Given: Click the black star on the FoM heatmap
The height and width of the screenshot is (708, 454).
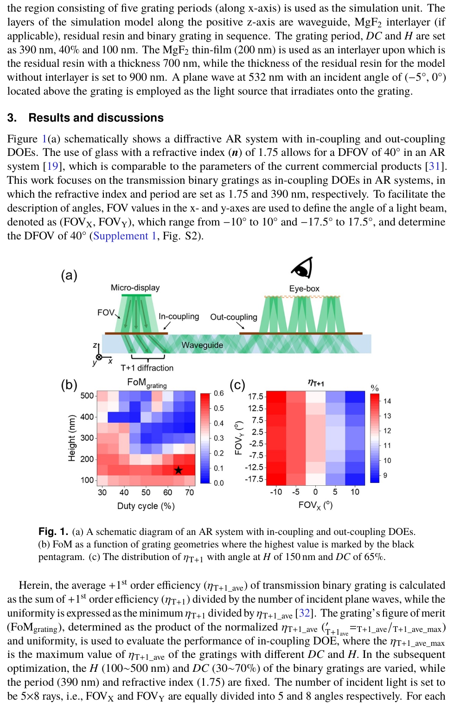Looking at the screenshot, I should [x=178, y=470].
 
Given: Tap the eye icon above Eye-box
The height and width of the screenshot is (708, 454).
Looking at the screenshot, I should [x=302, y=268].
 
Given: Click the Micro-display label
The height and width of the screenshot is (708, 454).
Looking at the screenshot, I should [x=135, y=288].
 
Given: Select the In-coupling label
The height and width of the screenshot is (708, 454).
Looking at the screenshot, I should [x=179, y=316].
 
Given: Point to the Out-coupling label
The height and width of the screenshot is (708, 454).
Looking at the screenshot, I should [x=233, y=317].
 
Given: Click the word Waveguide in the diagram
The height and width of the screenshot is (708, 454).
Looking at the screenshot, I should [x=202, y=345].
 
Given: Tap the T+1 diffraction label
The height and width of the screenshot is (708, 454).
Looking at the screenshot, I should [x=147, y=368].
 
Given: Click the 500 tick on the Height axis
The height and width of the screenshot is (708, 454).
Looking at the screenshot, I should [x=87, y=396].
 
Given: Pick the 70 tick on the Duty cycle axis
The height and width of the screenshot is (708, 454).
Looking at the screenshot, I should [x=190, y=492].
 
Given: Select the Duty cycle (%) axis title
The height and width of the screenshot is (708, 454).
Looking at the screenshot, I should [x=146, y=506].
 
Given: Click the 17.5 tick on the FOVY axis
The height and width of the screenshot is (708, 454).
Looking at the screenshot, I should [x=256, y=396].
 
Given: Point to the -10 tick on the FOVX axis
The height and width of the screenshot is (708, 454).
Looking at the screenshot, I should [x=276, y=492].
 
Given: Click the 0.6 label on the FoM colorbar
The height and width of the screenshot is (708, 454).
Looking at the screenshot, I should [x=218, y=393].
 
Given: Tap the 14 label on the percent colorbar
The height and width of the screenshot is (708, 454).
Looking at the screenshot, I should [x=387, y=401].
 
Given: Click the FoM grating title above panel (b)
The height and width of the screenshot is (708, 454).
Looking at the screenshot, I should [x=147, y=383].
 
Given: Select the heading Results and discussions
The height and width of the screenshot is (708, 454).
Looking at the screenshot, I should [x=96, y=118].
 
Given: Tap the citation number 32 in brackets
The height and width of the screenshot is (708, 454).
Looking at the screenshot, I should [x=304, y=613].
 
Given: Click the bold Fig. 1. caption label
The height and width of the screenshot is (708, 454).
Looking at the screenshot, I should [x=53, y=532].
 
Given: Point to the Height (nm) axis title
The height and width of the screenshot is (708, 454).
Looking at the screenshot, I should [x=71, y=438].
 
